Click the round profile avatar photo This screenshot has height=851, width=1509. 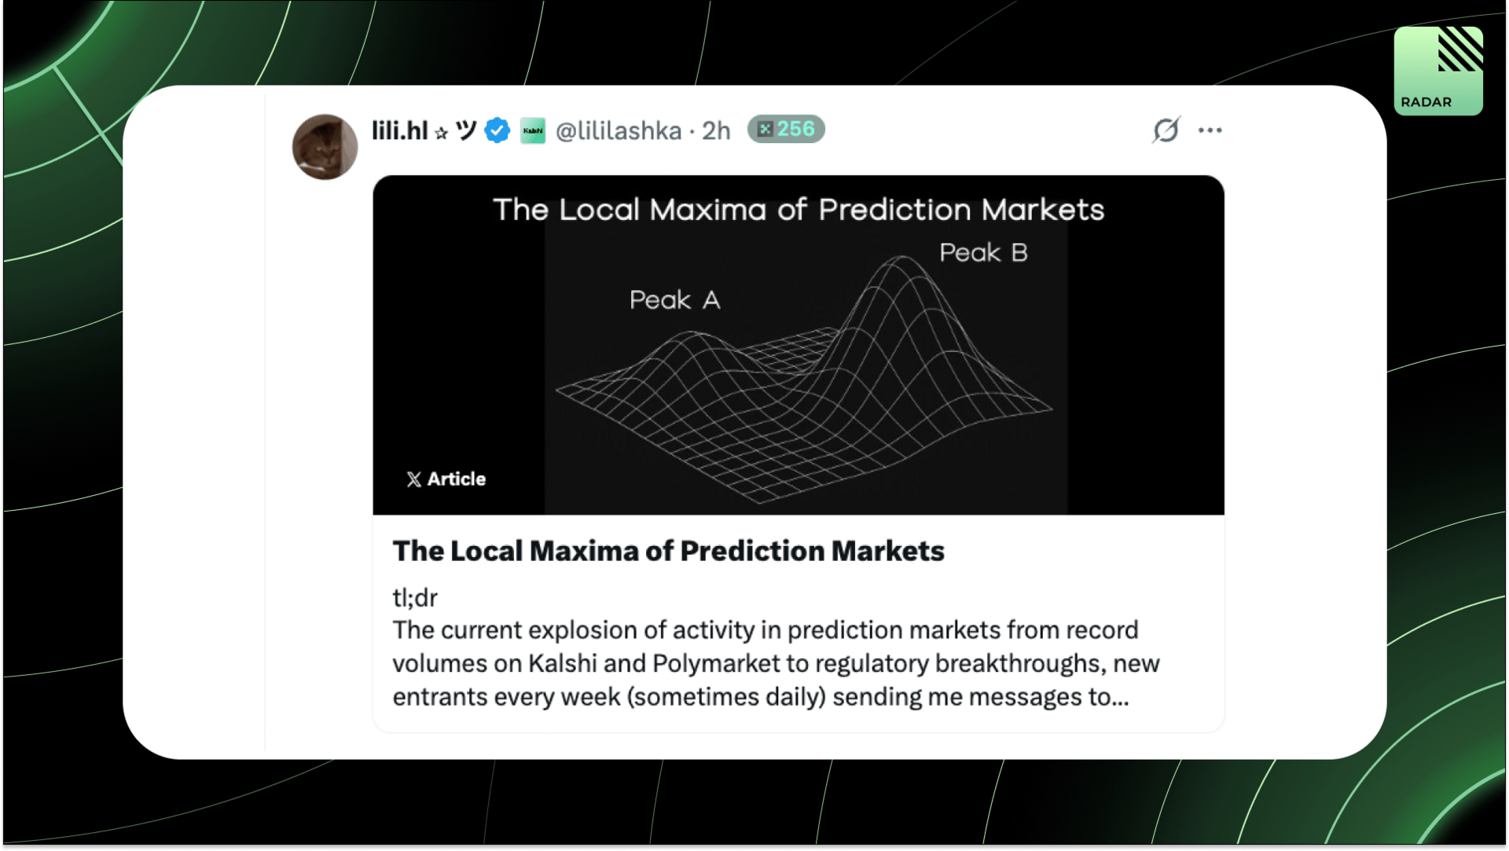tap(325, 147)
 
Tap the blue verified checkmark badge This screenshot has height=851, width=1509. tap(497, 130)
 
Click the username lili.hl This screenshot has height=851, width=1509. tap(399, 130)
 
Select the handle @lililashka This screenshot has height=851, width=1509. tap(619, 130)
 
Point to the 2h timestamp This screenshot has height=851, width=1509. tap(716, 130)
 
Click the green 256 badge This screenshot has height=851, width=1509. tap(786, 129)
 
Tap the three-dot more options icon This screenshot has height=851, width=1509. tap(1210, 130)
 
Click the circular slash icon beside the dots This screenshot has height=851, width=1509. tap(1166, 130)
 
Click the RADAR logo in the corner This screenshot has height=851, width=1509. tap(1438, 71)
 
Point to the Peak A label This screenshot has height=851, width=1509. tap(674, 300)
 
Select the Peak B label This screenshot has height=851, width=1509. tap(983, 253)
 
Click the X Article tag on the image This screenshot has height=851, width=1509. tap(446, 479)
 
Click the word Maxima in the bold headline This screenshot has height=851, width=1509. tap(581, 552)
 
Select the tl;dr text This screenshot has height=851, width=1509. tap(415, 598)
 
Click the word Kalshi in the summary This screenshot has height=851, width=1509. tap(563, 664)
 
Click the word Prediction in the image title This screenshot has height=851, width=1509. tap(894, 210)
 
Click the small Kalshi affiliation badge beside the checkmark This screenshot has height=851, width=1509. tap(533, 130)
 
